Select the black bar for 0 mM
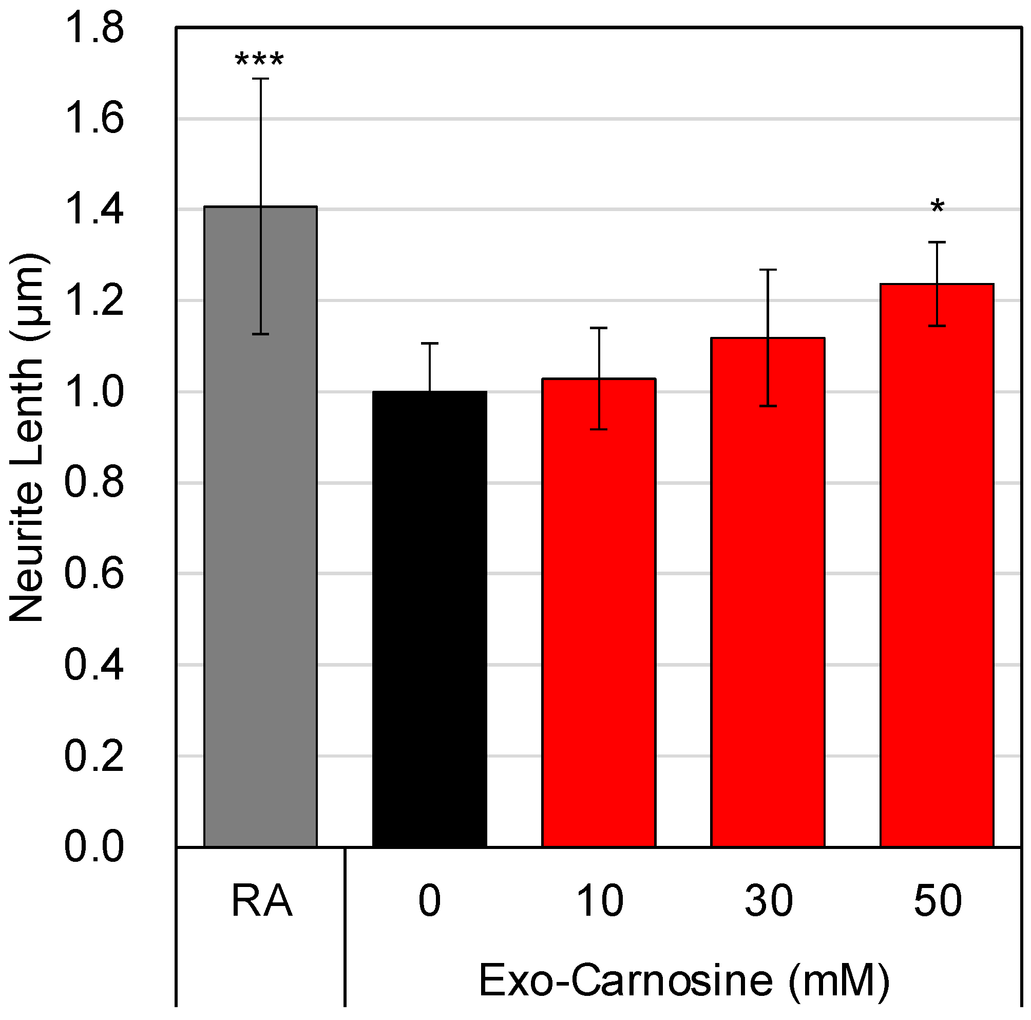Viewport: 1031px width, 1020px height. click(430, 619)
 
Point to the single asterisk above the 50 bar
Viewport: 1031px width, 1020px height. click(937, 207)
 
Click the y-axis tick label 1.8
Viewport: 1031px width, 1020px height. click(94, 28)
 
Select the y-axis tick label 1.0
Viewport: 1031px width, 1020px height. click(94, 392)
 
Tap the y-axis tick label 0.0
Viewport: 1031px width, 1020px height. click(94, 847)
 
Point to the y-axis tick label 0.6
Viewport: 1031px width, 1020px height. click(94, 574)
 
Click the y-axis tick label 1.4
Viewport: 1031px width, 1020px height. click(94, 210)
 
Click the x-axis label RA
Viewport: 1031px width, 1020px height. click(261, 901)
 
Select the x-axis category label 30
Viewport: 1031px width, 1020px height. click(769, 901)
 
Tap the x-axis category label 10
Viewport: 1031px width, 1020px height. click(600, 901)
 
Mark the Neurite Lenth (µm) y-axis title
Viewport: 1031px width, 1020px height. click(27, 438)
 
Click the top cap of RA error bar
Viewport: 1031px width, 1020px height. click(260, 79)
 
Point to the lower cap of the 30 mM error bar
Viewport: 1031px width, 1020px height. click(768, 406)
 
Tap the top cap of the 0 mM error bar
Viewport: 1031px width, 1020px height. click(430, 343)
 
